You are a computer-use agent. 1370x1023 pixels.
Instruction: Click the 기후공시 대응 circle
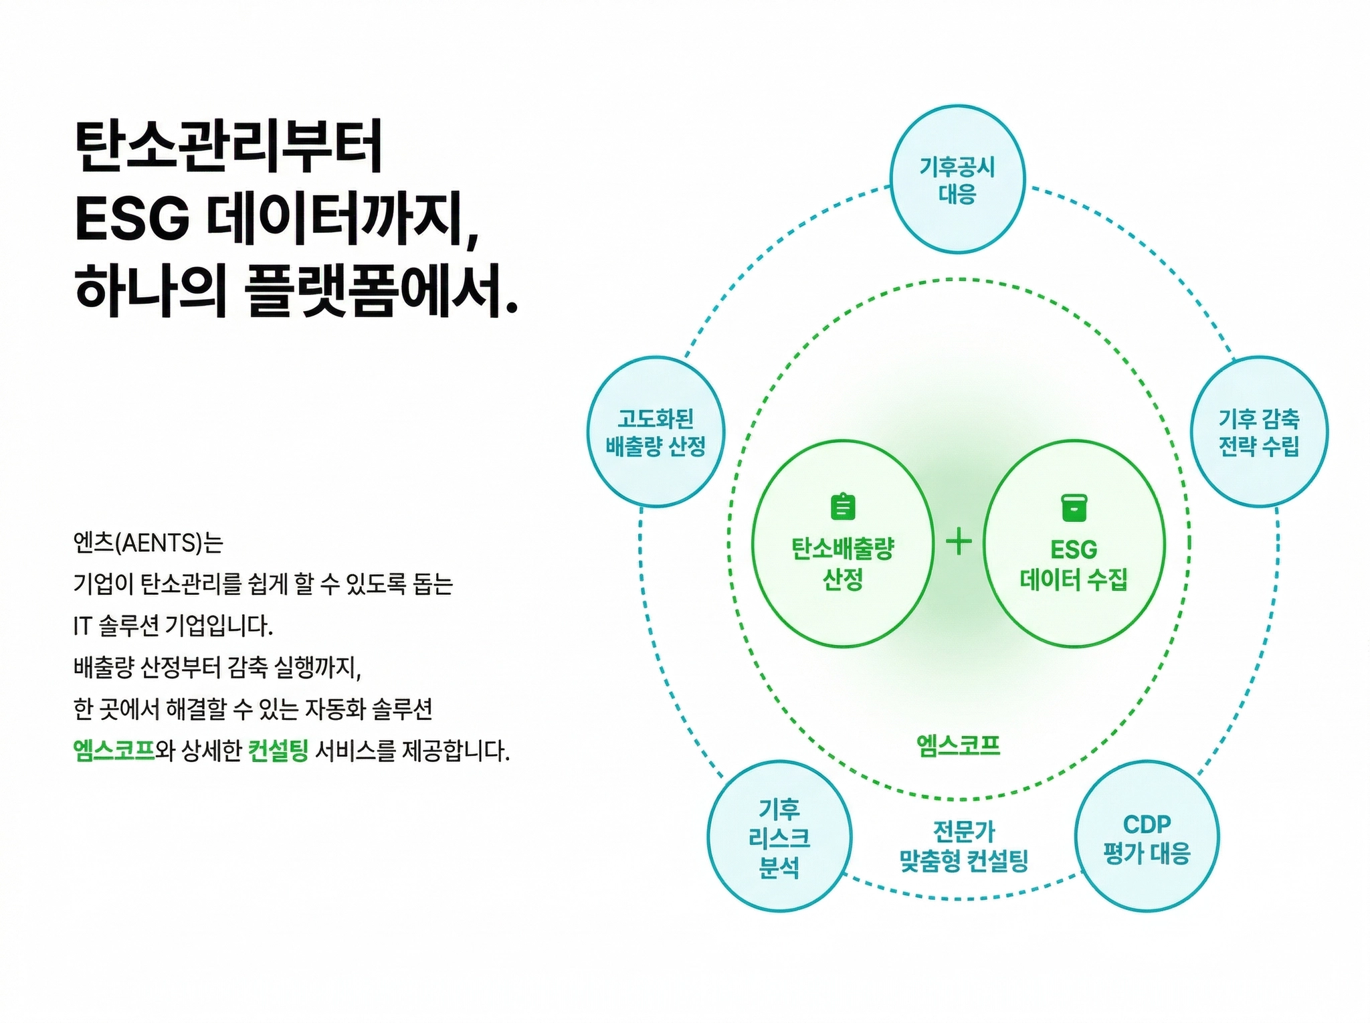957,179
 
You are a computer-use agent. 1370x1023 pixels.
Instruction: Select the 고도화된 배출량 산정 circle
656,432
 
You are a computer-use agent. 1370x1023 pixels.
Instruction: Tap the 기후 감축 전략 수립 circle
1259,432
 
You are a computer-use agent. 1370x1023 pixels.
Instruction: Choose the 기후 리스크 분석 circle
779,837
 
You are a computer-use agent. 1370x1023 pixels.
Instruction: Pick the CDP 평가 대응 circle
1147,837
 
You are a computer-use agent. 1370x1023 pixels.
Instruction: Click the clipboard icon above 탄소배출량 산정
842,506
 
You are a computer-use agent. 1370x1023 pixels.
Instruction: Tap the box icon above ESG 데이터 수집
1074,507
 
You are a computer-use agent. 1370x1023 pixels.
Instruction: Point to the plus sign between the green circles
959,541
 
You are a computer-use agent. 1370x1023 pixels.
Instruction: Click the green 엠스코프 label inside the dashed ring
958,744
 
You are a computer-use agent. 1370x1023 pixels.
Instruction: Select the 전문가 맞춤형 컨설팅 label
963,846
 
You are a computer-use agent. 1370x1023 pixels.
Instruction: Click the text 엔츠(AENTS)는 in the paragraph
148,542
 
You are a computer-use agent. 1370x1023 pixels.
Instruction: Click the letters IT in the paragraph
82,626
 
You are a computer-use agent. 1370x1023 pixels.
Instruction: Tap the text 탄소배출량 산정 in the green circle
842,563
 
